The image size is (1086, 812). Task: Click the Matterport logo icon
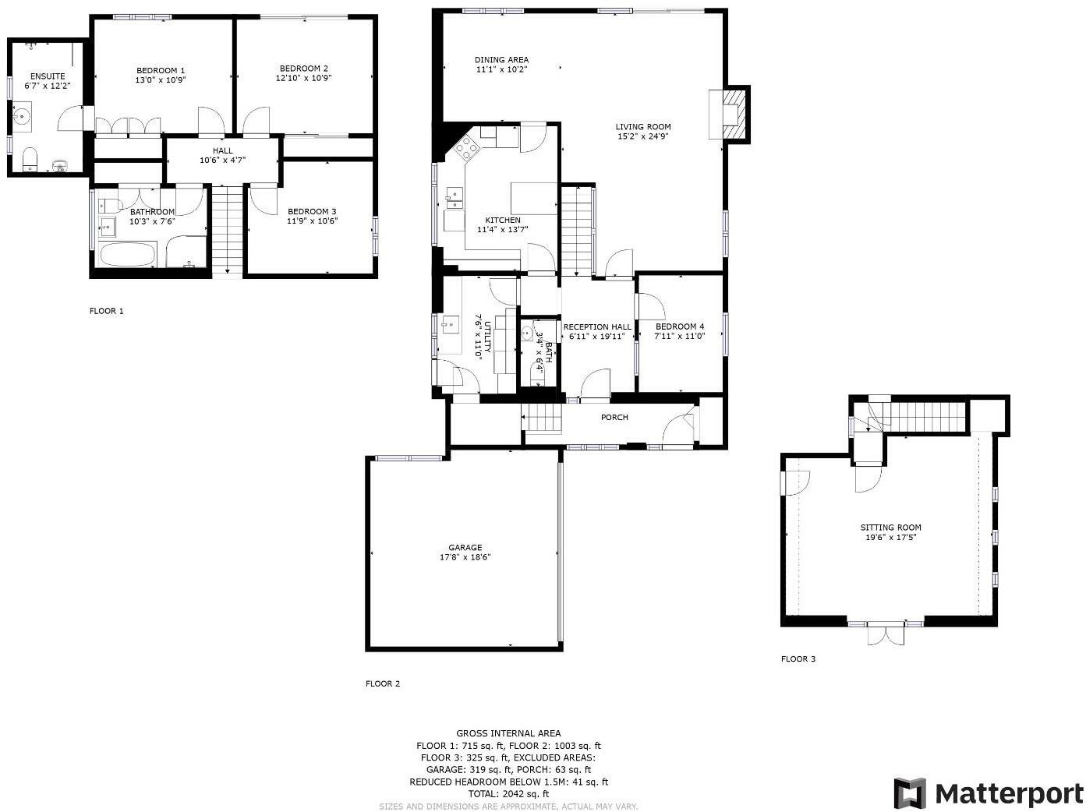pos(910,793)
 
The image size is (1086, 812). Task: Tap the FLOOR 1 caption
pos(107,311)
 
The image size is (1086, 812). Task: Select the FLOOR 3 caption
pos(798,658)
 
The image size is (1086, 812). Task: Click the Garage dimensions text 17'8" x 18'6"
pos(465,557)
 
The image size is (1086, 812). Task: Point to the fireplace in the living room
pos(732,114)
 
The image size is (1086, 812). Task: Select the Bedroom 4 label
pos(680,327)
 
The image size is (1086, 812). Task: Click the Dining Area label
pos(501,60)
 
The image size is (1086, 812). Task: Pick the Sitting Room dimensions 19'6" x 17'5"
pos(890,537)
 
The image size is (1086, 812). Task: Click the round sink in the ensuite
pos(23,118)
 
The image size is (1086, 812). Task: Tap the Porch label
pos(614,418)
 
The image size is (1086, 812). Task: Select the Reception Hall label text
pos(597,327)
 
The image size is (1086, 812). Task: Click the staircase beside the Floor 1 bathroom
pos(227,231)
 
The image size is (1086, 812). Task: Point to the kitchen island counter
pos(533,198)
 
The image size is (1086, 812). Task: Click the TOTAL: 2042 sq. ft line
pos(508,794)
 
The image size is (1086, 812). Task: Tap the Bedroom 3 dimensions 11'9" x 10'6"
pos(312,221)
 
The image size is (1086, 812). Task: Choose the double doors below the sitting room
pos(886,634)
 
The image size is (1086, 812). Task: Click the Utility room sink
pos(449,325)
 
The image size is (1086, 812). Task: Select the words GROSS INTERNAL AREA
pos(508,733)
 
